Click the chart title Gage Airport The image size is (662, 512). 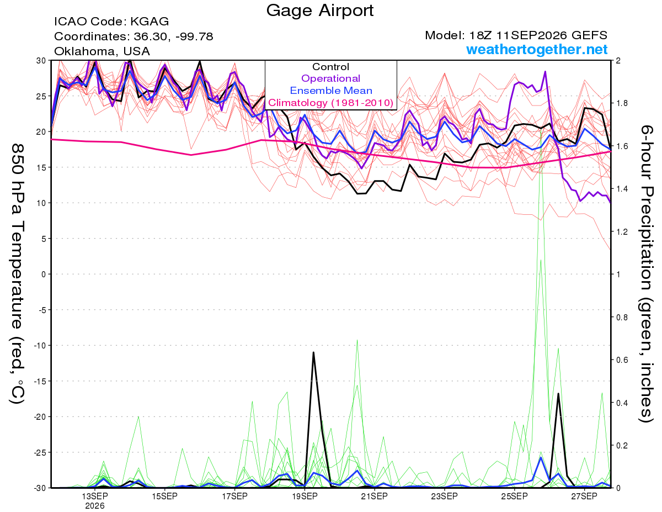pyautogui.click(x=319, y=10)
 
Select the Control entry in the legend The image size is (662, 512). pyautogui.click(x=330, y=67)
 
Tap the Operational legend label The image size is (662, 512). pyautogui.click(x=330, y=78)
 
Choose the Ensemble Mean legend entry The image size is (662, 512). pyautogui.click(x=331, y=91)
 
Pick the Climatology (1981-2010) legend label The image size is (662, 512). pyautogui.click(x=331, y=103)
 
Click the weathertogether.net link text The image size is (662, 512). pyautogui.click(x=537, y=49)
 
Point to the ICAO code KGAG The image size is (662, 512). pyautogui.click(x=150, y=22)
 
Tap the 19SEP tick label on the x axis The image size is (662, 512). pyautogui.click(x=305, y=497)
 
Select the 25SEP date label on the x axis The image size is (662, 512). pyautogui.click(x=514, y=497)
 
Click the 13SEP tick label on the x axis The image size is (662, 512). pyautogui.click(x=95, y=497)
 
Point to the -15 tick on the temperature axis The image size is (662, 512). pyautogui.click(x=40, y=381)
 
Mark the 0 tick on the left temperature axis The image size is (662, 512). pyautogui.click(x=44, y=275)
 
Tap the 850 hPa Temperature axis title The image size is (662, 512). pyautogui.click(x=17, y=274)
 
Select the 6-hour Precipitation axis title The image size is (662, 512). pyautogui.click(x=646, y=274)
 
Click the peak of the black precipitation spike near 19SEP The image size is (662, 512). pyautogui.click(x=313, y=352)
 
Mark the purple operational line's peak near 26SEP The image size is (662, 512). pyautogui.click(x=545, y=72)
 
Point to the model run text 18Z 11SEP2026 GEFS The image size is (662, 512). pyautogui.click(x=538, y=35)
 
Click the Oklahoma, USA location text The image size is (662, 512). pyautogui.click(x=102, y=51)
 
